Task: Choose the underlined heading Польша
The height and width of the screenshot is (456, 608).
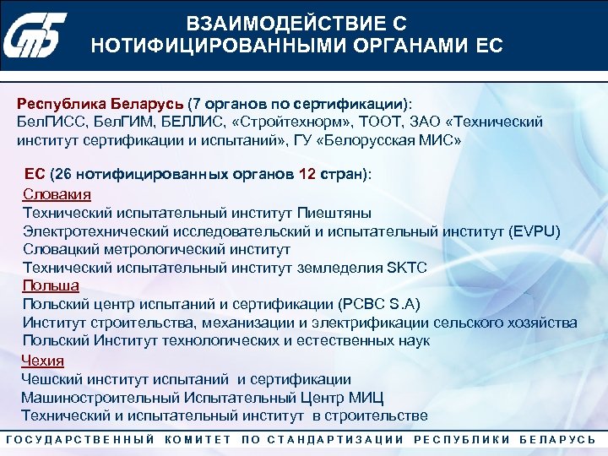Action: tap(51, 285)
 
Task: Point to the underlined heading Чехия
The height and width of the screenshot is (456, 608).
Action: tap(42, 361)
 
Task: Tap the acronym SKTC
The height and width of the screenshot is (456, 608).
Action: tap(406, 268)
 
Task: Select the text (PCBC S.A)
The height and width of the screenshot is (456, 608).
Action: tap(378, 304)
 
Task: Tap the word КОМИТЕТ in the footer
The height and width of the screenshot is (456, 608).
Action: tap(198, 439)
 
